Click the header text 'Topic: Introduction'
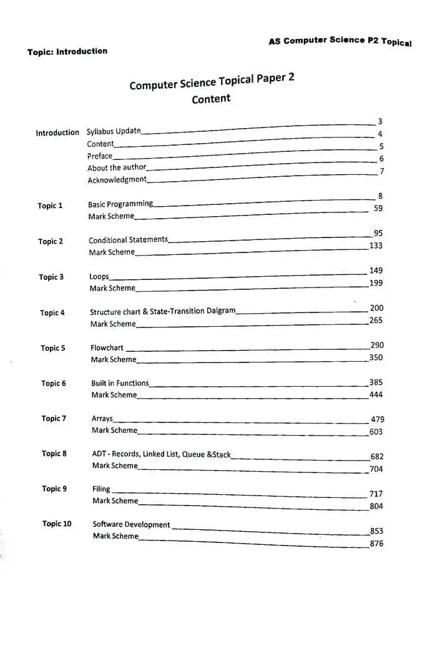pyautogui.click(x=67, y=51)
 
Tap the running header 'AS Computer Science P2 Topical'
pyautogui.click(x=340, y=41)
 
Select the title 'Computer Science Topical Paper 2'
pyautogui.click(x=212, y=81)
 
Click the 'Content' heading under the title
pyautogui.click(x=211, y=99)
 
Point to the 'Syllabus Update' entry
pyautogui.click(x=114, y=131)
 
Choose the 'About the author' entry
pyautogui.click(x=117, y=167)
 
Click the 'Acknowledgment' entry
pyautogui.click(x=117, y=180)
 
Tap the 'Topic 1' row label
pyautogui.click(x=50, y=206)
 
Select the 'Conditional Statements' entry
pyautogui.click(x=128, y=240)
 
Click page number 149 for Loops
pyautogui.click(x=376, y=271)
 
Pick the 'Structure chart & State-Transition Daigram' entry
pyautogui.click(x=162, y=311)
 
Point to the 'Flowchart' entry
pyautogui.click(x=107, y=347)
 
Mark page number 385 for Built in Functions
pyautogui.click(x=376, y=382)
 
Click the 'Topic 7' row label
pyautogui.click(x=54, y=419)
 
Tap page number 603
pyautogui.click(x=376, y=432)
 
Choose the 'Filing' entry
pyautogui.click(x=101, y=489)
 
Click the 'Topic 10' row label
pyautogui.click(x=57, y=524)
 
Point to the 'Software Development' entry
pyautogui.click(x=131, y=525)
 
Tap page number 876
pyautogui.click(x=376, y=544)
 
